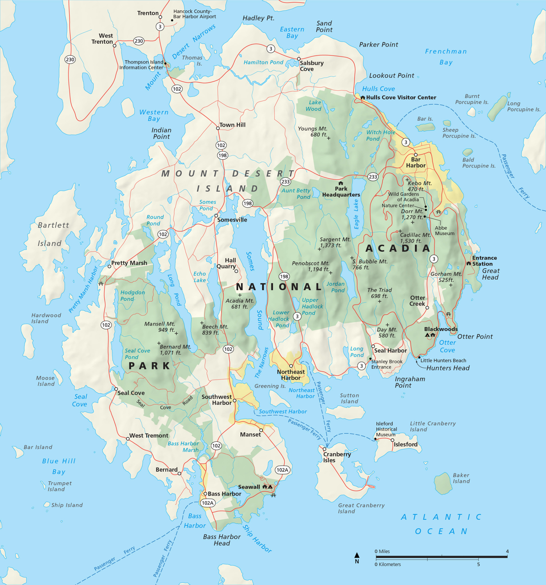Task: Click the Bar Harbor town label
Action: [416, 162]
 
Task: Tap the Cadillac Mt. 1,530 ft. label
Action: [415, 238]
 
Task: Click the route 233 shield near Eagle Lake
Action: [373, 177]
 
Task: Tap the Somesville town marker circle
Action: [216, 216]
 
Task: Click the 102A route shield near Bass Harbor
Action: [207, 503]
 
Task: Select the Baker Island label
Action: [461, 478]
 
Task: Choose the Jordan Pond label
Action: [335, 287]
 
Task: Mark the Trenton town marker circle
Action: [160, 17]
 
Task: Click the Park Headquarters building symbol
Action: [340, 183]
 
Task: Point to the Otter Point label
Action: [475, 337]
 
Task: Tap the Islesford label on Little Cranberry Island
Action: [406, 444]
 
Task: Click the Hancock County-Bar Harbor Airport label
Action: [194, 14]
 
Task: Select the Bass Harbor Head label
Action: [222, 540]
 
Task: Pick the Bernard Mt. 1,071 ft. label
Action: [175, 349]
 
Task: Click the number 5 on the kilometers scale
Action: [478, 564]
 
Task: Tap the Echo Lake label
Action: [200, 277]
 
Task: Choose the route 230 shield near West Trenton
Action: [138, 41]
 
